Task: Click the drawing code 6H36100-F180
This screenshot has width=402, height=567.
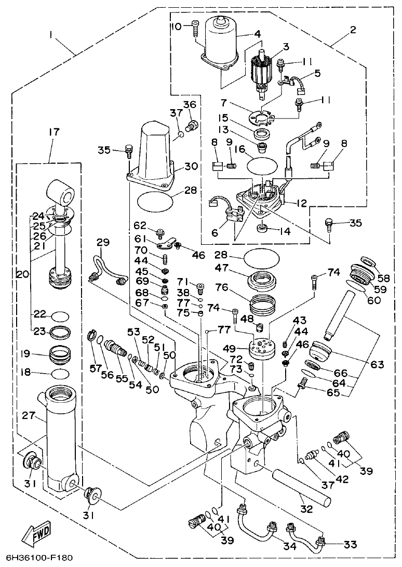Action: click(37, 559)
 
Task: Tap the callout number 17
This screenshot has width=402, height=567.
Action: click(53, 133)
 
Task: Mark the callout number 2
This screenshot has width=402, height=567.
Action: click(353, 29)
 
